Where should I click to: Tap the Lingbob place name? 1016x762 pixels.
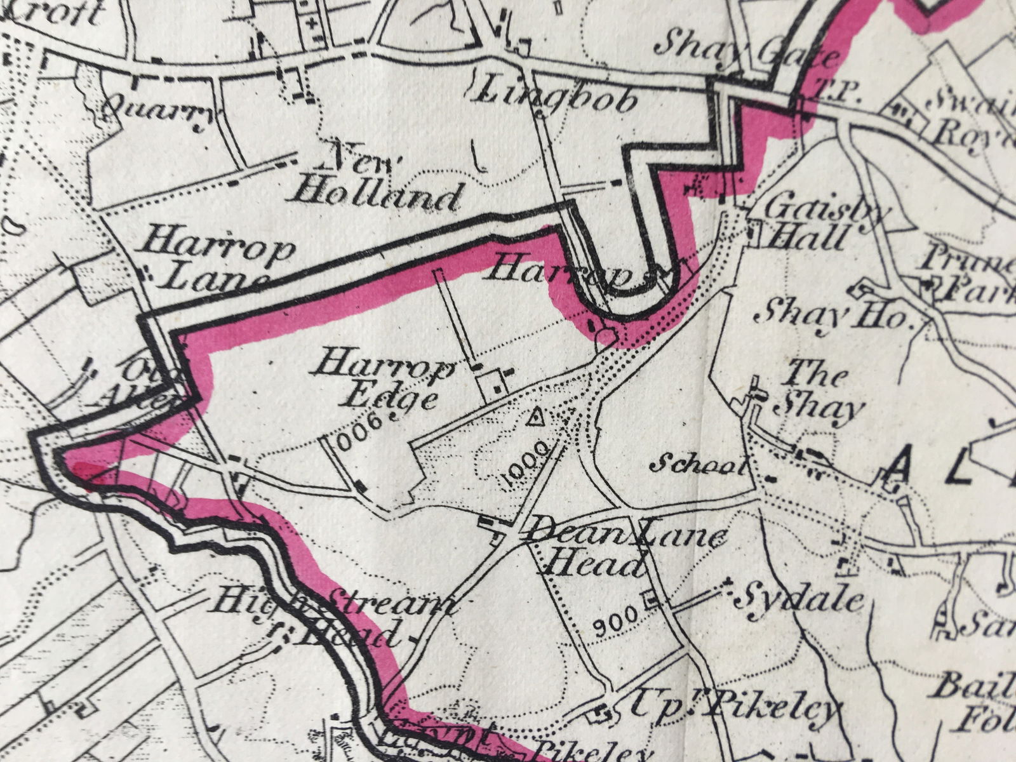[x=556, y=95]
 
